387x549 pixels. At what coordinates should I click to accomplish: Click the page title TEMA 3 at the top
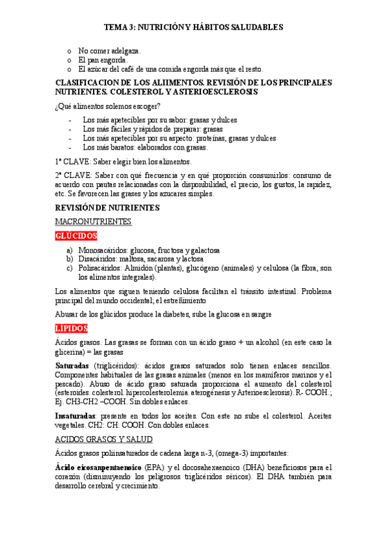(x=194, y=28)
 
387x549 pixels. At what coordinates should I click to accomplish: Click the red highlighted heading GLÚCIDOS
(x=76, y=236)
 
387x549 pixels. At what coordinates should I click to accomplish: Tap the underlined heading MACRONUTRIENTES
(x=93, y=221)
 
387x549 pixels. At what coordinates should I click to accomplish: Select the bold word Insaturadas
(x=76, y=397)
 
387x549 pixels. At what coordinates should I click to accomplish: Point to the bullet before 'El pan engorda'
(x=70, y=60)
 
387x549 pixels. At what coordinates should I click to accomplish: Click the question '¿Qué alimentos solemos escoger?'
(x=108, y=106)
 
